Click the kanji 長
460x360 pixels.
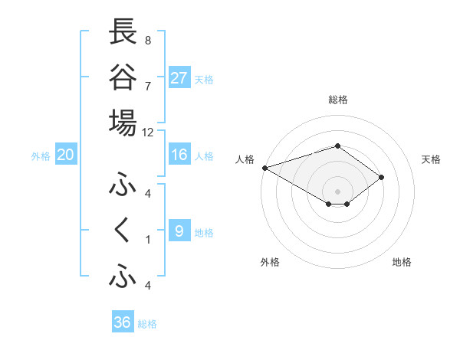123,32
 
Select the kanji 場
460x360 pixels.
123,123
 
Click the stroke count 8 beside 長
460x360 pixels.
148,40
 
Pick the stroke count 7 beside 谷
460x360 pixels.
148,85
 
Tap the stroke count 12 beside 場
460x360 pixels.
148,132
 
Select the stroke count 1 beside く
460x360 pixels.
148,239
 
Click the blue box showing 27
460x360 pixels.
179,77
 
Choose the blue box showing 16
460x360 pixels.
179,155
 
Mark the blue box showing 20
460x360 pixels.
66,155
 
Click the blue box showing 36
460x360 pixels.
122,322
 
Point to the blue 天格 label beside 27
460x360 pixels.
204,80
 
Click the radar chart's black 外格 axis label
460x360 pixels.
270,262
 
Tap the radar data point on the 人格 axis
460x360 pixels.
264,167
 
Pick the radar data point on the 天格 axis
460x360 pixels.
381,178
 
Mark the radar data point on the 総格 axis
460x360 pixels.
337,146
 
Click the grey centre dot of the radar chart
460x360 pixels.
337,190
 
